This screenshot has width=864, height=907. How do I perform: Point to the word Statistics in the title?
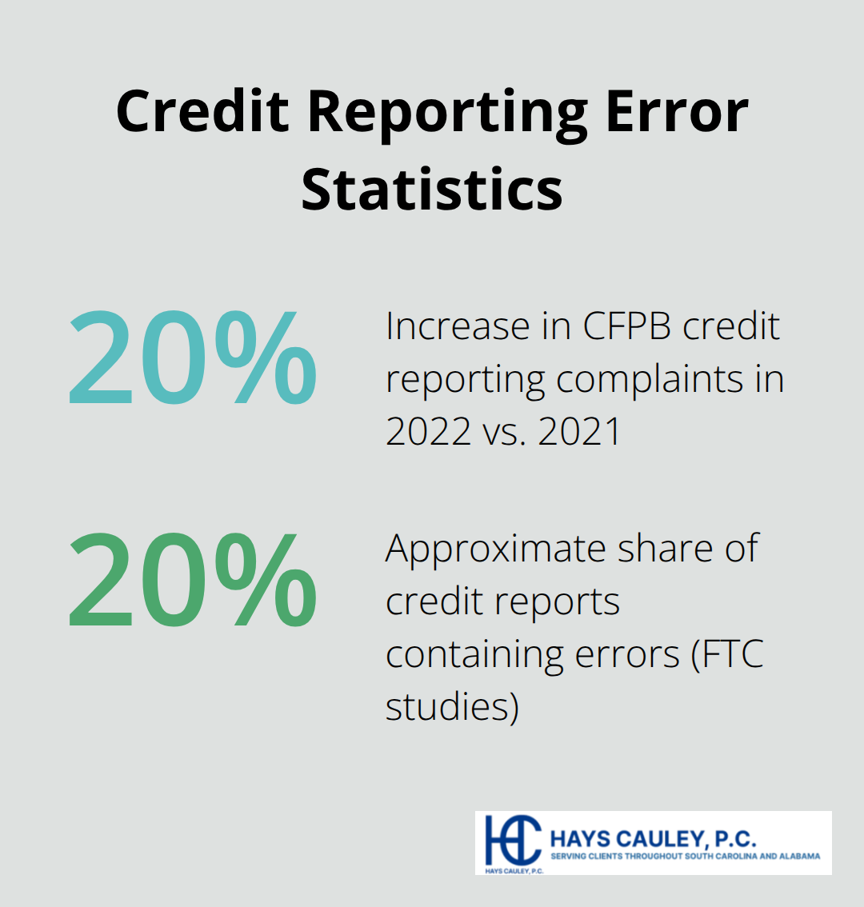432,190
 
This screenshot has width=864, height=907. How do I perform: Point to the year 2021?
579,432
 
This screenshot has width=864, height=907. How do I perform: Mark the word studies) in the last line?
452,707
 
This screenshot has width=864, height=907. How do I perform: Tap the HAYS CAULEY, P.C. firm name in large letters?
653,839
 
